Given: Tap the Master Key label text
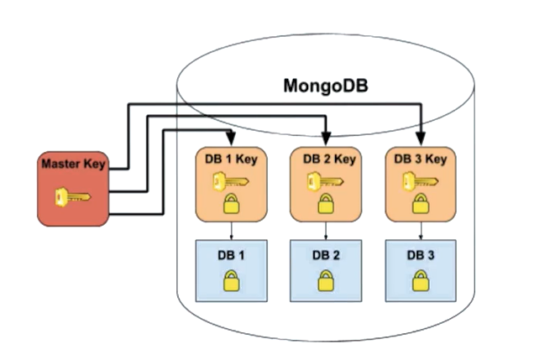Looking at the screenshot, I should click(x=73, y=164).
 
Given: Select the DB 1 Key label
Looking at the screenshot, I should click(x=232, y=158).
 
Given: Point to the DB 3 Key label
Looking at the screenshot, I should click(x=420, y=158).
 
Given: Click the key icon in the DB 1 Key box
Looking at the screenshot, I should click(x=224, y=180).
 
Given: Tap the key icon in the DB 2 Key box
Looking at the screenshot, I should click(x=321, y=180).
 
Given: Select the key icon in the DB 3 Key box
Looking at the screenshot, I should click(x=415, y=180).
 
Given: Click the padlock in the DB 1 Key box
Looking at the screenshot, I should click(x=232, y=203).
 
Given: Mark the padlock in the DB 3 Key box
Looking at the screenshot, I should click(x=421, y=203).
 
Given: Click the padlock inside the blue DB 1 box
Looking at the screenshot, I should click(x=232, y=282).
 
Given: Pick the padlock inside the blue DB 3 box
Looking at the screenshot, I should click(x=421, y=282).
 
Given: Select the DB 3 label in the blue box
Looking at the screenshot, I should click(x=421, y=255).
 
